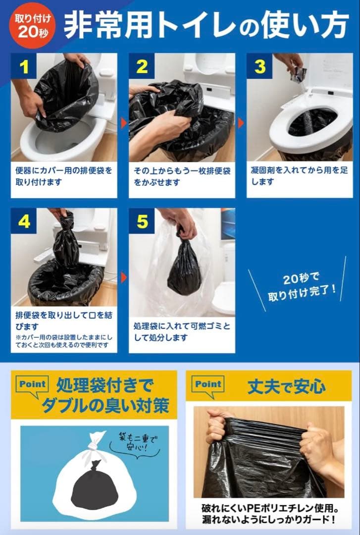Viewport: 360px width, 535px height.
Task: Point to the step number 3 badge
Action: [259, 66]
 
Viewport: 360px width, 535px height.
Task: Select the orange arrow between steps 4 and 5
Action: [123, 277]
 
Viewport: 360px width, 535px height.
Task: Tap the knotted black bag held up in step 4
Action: [66, 243]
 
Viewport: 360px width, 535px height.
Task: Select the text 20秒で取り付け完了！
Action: [302, 287]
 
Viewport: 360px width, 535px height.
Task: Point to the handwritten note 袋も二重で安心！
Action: [135, 443]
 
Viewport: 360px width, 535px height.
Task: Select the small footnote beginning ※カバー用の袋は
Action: [63, 341]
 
